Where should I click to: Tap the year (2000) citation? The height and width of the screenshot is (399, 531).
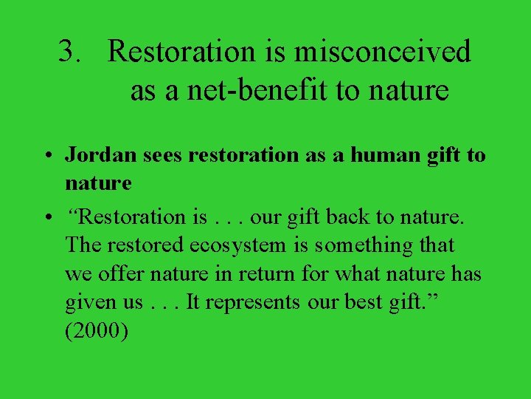(x=97, y=332)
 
